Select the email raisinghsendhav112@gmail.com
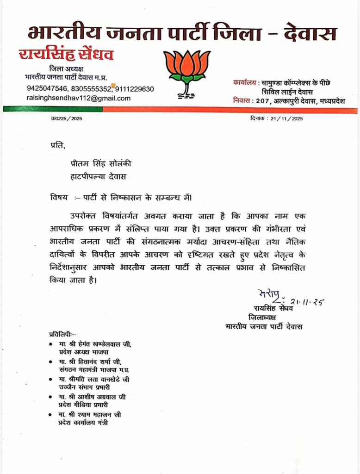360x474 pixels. tap(79, 98)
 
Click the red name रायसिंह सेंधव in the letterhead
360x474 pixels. tap(66, 55)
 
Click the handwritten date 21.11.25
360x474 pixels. tap(307, 302)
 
